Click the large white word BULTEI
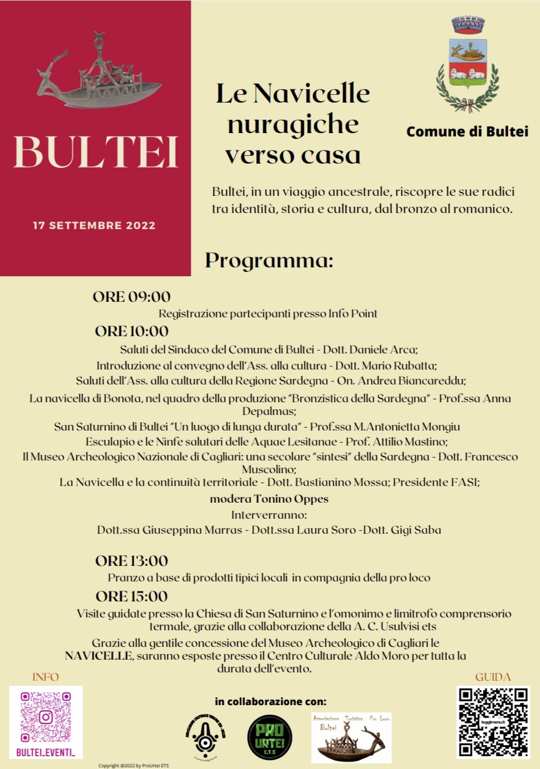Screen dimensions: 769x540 pyautogui.click(x=95, y=152)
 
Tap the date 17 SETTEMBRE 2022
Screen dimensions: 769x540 pyautogui.click(x=94, y=225)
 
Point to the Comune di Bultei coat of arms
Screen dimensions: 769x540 pyautogui.click(x=468, y=65)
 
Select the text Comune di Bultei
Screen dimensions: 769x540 pyautogui.click(x=467, y=131)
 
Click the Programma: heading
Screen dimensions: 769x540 pyautogui.click(x=269, y=260)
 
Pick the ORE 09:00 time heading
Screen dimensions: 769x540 pyautogui.click(x=131, y=297)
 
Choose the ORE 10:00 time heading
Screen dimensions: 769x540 pyautogui.click(x=131, y=331)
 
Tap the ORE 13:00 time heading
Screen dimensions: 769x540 pyautogui.click(x=131, y=561)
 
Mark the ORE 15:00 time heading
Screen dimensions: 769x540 pyautogui.click(x=131, y=596)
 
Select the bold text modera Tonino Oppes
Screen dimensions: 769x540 pyautogui.click(x=269, y=499)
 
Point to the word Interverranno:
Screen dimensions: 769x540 pyautogui.click(x=269, y=514)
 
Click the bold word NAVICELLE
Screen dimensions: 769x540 pyautogui.click(x=98, y=656)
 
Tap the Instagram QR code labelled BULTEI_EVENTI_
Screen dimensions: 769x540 pyautogui.click(x=46, y=721)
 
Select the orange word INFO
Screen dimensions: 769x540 pyautogui.click(x=45, y=677)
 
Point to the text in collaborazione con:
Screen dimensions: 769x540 pyautogui.click(x=271, y=701)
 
